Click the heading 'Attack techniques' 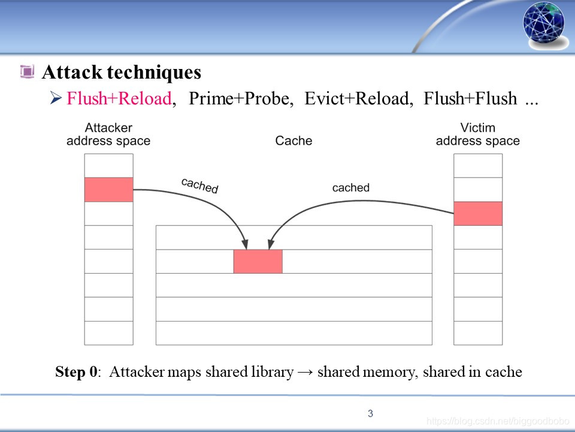coord(121,73)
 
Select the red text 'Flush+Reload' coord(119,99)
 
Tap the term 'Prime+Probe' coord(241,99)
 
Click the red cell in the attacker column coord(108,190)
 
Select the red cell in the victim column coord(477,214)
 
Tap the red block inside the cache coord(258,262)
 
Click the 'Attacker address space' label coord(108,134)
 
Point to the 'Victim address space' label coord(477,134)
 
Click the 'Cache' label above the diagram coord(293,141)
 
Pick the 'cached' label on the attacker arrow coord(200,185)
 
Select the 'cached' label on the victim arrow coord(351,188)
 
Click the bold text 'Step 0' coord(77,372)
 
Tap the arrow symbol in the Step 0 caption coord(305,373)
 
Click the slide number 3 coord(371,413)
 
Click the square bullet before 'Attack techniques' coord(27,73)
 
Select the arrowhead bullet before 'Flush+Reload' coord(56,98)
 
